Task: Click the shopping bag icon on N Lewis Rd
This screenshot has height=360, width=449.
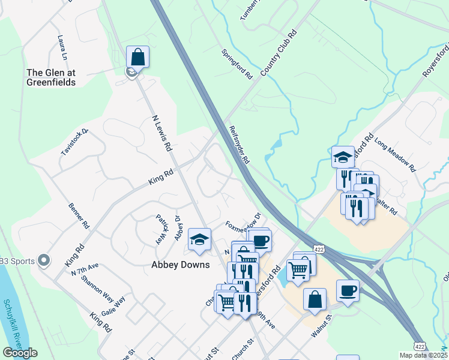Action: tap(138, 58)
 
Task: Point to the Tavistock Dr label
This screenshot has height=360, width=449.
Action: tap(74, 142)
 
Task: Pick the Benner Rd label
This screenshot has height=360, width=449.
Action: tap(78, 215)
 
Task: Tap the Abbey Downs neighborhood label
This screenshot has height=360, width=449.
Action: tap(181, 265)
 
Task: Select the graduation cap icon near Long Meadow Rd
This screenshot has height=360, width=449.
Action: tap(343, 157)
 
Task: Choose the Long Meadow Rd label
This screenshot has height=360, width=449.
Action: tap(395, 156)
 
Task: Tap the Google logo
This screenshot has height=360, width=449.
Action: tap(20, 353)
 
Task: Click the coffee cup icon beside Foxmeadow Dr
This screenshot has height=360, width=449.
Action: tap(260, 241)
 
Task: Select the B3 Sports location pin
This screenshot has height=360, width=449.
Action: tap(43, 260)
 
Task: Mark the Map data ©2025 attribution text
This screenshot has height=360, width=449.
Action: tap(423, 355)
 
